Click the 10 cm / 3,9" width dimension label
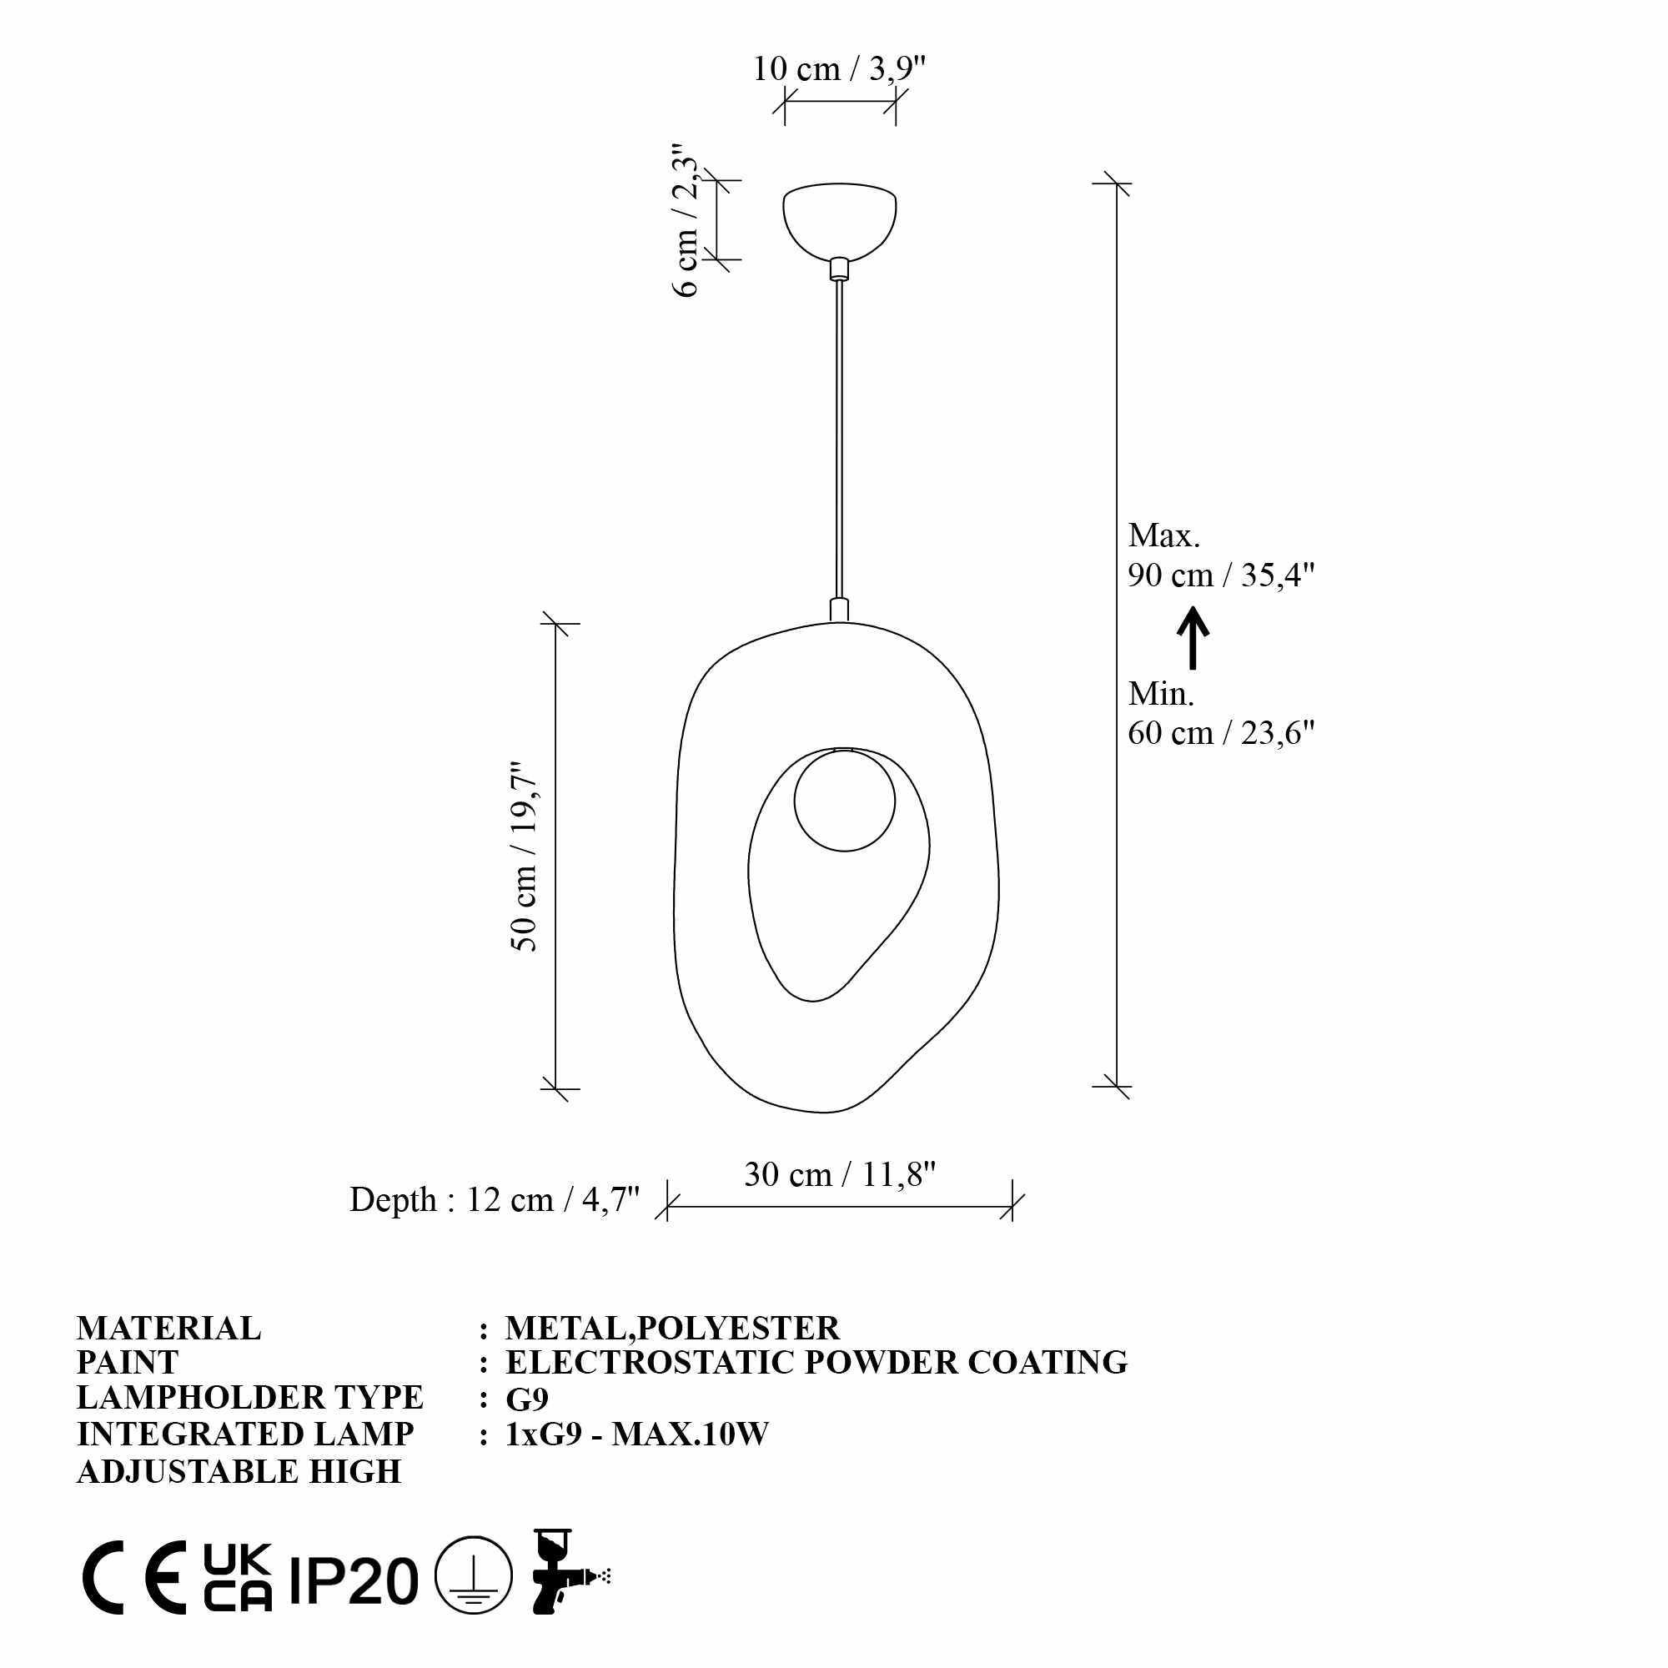pos(838,69)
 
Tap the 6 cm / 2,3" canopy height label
pos(686,221)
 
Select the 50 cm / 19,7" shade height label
pos(524,857)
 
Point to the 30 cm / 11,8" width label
pos(839,1175)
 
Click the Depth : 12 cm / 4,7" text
pos(494,1200)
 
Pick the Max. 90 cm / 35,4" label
pos(1220,555)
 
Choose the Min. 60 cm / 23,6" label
pos(1220,713)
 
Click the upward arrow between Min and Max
pos(1193,638)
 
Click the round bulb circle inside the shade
pos(843,801)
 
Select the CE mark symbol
pos(134,1577)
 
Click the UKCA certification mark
pos(238,1577)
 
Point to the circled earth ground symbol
pos(473,1575)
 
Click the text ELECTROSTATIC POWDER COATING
pos(816,1363)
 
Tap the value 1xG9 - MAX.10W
pos(636,1434)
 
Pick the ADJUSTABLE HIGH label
pos(239,1471)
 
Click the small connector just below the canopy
pos(838,269)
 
